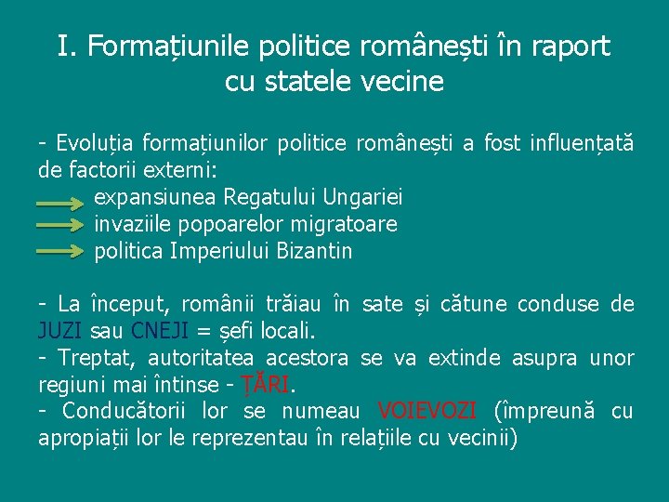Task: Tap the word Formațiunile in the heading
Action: (x=165, y=47)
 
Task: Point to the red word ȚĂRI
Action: (x=266, y=384)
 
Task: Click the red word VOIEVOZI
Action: (x=427, y=411)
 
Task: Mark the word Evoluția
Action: (x=95, y=143)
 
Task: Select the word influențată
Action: (x=582, y=143)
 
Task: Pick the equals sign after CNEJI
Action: (x=202, y=331)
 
